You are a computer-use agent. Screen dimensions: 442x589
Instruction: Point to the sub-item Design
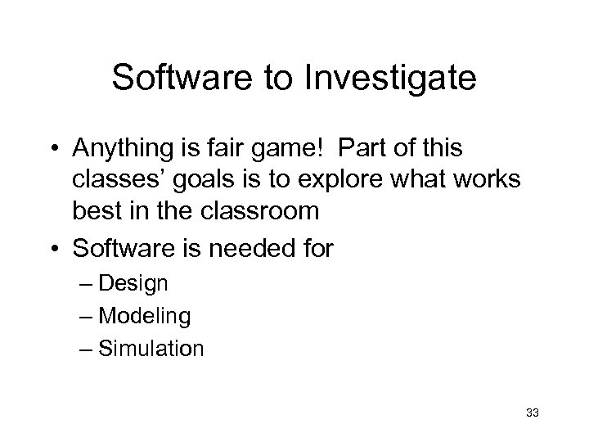(x=136, y=284)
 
